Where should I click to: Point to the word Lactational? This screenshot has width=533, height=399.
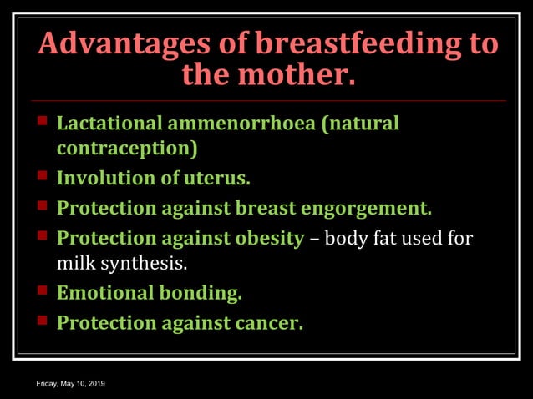pos(110,124)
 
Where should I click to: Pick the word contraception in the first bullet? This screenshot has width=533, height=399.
pos(128,149)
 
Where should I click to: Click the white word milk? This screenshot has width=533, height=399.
pos(73,264)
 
